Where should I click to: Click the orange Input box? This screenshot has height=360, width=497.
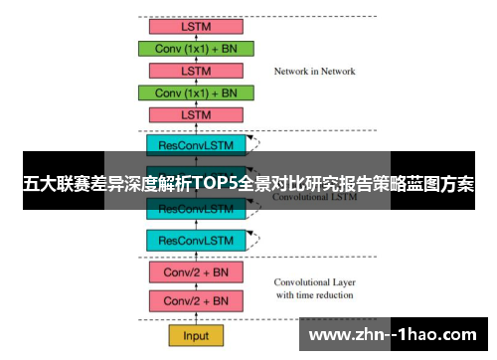(196, 335)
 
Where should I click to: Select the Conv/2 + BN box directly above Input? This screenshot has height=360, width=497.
(196, 300)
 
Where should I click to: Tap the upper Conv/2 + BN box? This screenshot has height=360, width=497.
(196, 270)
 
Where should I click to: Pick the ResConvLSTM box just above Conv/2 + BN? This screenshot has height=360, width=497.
(196, 240)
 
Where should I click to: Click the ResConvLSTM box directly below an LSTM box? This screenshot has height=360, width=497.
(196, 144)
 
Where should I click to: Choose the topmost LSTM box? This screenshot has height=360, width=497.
(196, 25)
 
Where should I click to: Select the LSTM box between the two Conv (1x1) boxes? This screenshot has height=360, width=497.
(196, 71)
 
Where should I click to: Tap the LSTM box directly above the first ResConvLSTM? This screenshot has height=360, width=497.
(196, 115)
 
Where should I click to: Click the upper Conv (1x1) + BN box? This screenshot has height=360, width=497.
(198, 48)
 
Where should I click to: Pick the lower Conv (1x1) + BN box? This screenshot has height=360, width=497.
(198, 92)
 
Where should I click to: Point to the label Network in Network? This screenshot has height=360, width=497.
(314, 72)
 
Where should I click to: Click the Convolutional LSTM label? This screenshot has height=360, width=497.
(314, 197)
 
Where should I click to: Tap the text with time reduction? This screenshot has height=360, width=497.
(314, 294)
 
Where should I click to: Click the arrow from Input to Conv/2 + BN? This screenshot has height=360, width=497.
(196, 318)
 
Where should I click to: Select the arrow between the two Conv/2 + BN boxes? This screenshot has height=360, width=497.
(196, 285)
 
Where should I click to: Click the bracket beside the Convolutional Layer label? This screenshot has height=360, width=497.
(260, 286)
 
